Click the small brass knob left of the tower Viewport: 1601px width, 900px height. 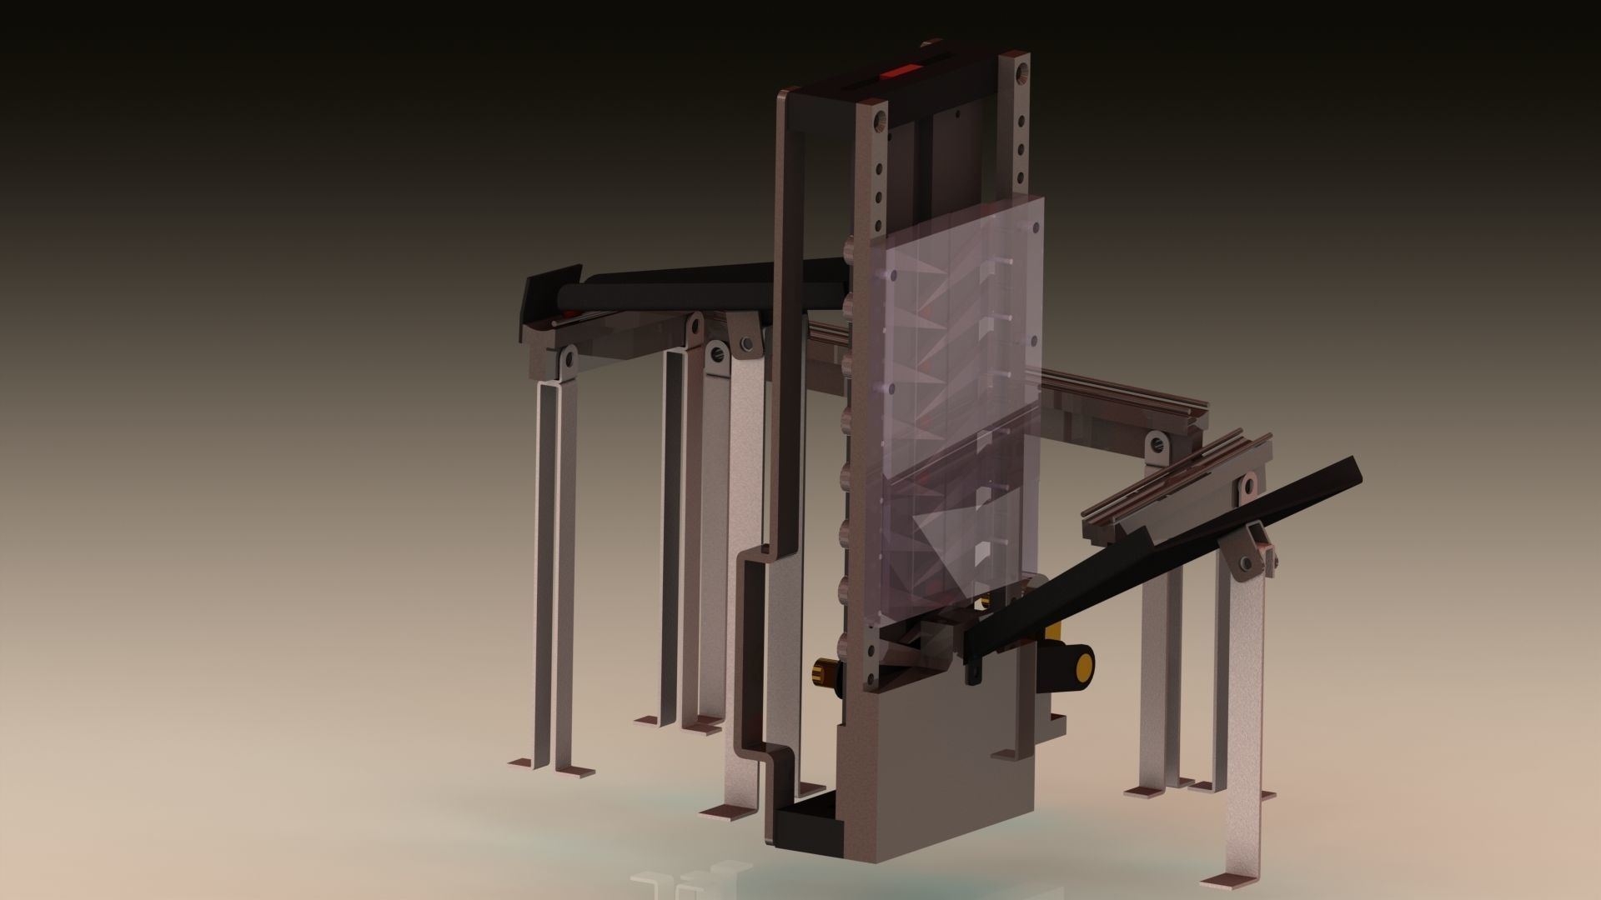coord(826,669)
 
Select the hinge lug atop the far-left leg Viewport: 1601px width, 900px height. coord(568,359)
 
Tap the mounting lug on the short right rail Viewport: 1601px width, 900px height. coord(1156,442)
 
